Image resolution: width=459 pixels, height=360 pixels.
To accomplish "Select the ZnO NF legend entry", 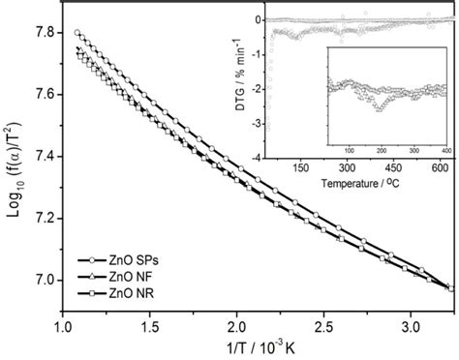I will pos(114,277).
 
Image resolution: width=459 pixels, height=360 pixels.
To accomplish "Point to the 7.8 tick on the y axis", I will pos(44,32).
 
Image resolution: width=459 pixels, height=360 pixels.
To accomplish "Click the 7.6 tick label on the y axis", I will pos(44,94).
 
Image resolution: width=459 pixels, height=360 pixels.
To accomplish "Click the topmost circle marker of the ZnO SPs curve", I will pos(77,33).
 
